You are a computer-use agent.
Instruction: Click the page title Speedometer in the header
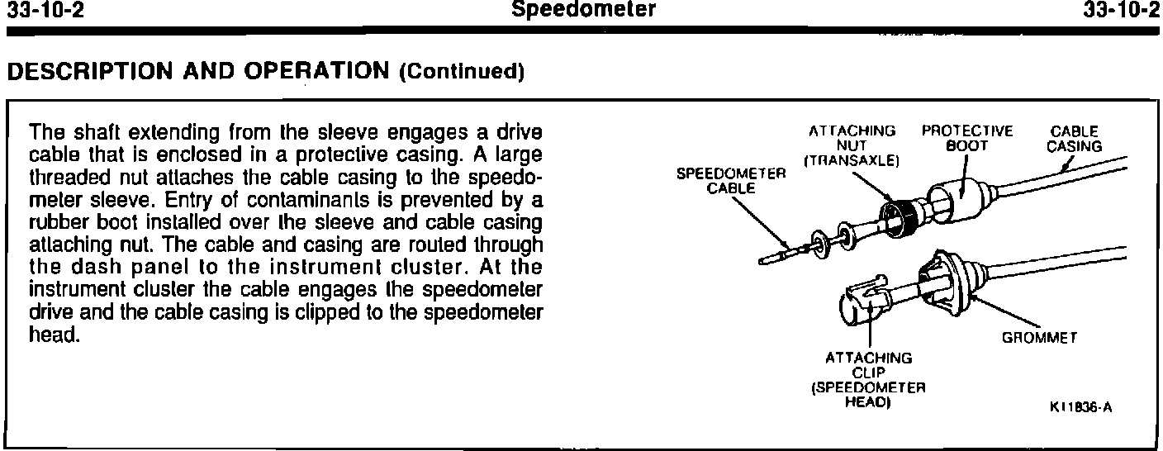coord(584,11)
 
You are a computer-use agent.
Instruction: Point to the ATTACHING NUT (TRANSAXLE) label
coord(852,145)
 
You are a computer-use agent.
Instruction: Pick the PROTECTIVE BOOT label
coord(967,138)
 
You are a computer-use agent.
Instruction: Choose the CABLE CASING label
coord(1075,138)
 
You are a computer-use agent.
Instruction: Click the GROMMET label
coord(1041,338)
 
